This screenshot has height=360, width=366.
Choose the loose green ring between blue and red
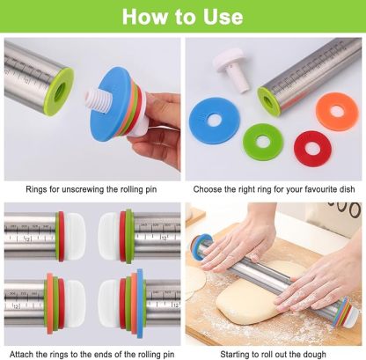[x=262, y=141]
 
